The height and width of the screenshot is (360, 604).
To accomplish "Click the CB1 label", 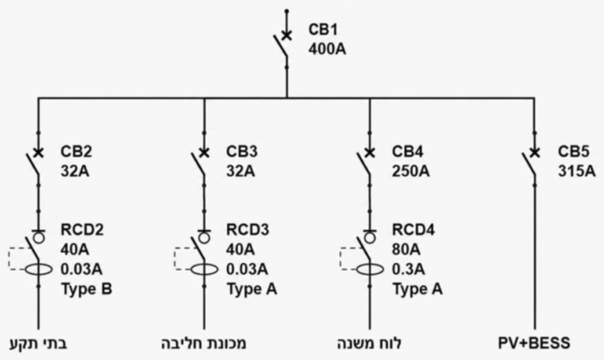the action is [x=323, y=30].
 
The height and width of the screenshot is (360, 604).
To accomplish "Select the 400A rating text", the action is [x=327, y=50].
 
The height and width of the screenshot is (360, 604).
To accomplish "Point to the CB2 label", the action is [x=76, y=152].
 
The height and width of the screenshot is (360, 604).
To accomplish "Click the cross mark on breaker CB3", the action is [x=204, y=153].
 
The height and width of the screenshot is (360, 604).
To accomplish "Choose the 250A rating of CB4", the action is [x=410, y=171].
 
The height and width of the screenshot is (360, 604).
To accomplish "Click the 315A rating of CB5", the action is [x=576, y=171].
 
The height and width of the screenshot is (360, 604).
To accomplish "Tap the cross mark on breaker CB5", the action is [x=534, y=153].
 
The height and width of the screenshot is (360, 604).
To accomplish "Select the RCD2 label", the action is [x=82, y=230].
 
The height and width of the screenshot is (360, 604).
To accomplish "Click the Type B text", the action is [x=86, y=289].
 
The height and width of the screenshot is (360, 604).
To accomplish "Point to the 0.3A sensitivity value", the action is [x=408, y=269].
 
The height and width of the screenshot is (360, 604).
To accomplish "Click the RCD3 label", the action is [x=247, y=230].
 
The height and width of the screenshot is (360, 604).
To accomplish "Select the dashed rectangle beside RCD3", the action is [x=174, y=258].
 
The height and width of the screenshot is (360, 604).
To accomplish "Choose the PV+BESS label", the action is [x=534, y=343].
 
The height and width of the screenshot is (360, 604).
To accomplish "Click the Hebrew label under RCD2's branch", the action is [x=38, y=343].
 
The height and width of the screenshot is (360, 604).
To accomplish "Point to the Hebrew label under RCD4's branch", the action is [x=369, y=343].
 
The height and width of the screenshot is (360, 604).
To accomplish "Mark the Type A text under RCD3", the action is [x=252, y=289].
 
